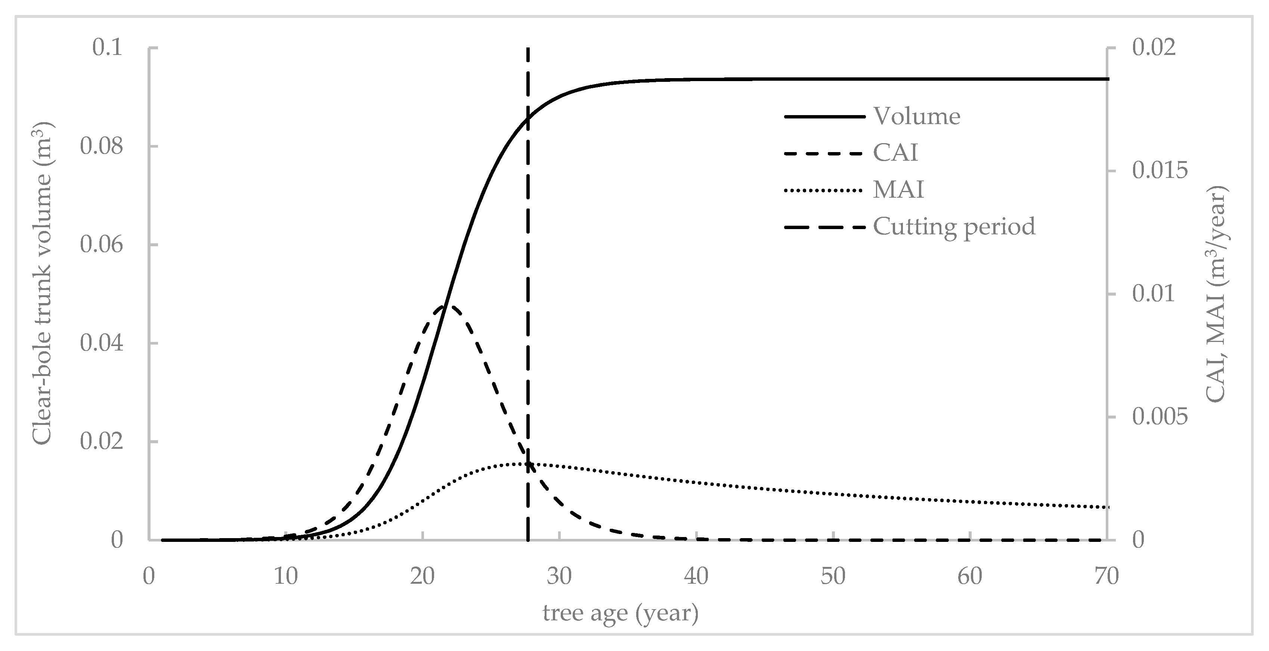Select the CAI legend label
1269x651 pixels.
(x=895, y=153)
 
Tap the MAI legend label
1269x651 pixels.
(x=898, y=190)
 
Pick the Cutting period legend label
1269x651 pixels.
(x=954, y=227)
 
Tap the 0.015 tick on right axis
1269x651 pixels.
(x=1160, y=170)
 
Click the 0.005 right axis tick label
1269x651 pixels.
(x=1160, y=417)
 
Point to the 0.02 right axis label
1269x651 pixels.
(x=1154, y=48)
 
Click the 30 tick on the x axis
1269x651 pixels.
(x=559, y=576)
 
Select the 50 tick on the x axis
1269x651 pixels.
(x=833, y=576)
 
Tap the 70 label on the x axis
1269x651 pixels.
(x=1106, y=576)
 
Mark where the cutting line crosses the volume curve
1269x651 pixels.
(x=527, y=118)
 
